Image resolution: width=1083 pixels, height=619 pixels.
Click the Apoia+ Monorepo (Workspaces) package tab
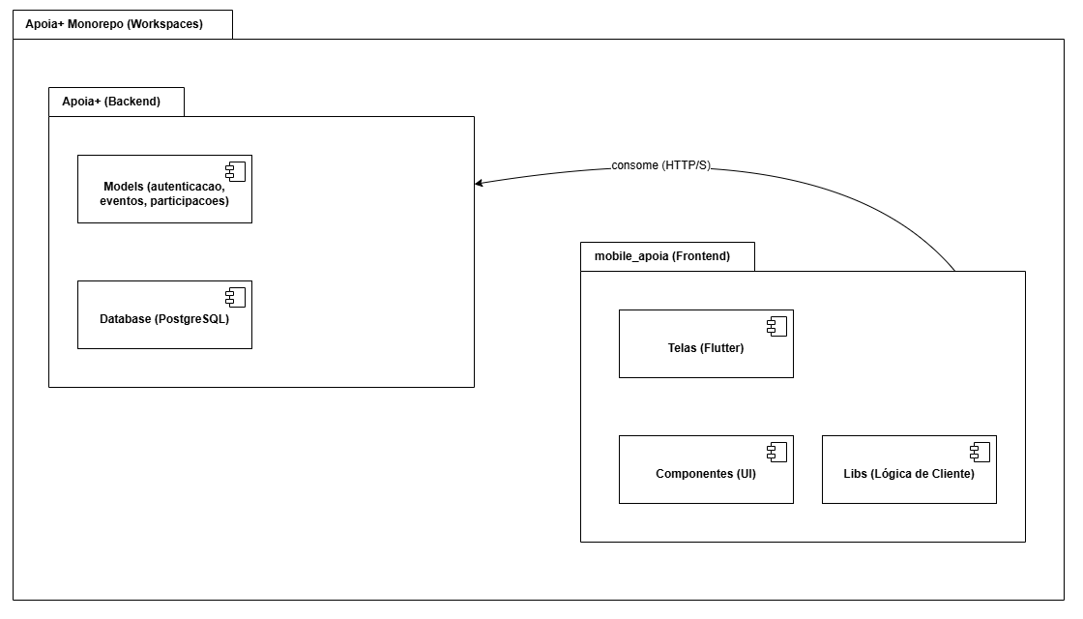(122, 24)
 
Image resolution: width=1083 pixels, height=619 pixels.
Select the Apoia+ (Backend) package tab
(116, 102)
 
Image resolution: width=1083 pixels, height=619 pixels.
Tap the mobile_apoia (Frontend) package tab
(666, 256)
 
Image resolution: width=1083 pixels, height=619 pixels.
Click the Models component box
(164, 189)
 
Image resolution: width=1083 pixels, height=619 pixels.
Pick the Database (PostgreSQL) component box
(164, 314)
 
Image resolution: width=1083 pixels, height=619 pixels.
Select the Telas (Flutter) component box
(706, 343)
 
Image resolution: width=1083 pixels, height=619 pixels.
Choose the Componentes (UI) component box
(706, 469)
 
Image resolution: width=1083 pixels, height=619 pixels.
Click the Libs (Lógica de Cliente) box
(909, 469)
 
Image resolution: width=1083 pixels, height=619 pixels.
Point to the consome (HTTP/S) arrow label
(660, 165)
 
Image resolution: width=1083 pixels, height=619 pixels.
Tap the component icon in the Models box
(236, 171)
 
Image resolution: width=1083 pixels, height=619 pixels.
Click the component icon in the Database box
(236, 297)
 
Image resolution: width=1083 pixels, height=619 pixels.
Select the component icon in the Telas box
(777, 326)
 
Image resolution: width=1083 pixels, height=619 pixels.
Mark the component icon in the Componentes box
(777, 452)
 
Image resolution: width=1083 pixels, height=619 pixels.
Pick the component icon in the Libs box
(981, 452)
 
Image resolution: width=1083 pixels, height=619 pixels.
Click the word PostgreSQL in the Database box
(194, 318)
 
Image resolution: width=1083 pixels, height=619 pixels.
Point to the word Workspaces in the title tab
(167, 24)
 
